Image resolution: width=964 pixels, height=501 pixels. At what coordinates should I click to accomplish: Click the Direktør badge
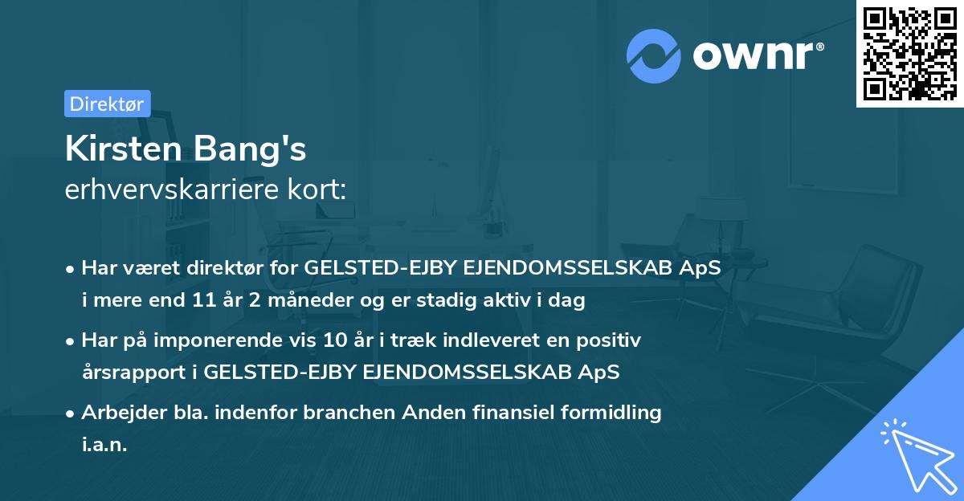tap(107, 104)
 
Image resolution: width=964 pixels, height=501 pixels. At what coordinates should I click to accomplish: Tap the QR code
tap(909, 53)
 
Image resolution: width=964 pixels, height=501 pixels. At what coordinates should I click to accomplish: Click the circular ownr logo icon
tap(654, 56)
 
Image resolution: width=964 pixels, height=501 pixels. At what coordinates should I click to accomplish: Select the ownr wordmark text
tap(755, 56)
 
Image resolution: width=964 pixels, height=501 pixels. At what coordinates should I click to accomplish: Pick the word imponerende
tap(244, 340)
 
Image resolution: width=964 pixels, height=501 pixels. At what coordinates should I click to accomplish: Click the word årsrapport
tap(129, 372)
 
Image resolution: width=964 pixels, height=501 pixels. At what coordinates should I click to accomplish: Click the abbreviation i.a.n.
tap(104, 444)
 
